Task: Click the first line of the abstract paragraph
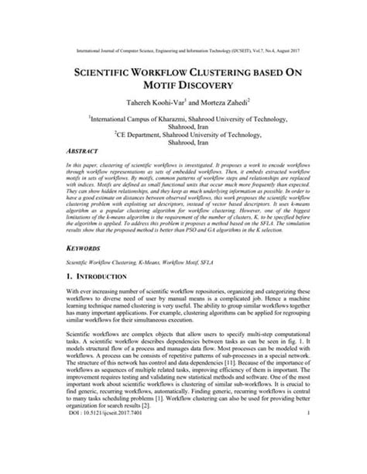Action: pos(183,167)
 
